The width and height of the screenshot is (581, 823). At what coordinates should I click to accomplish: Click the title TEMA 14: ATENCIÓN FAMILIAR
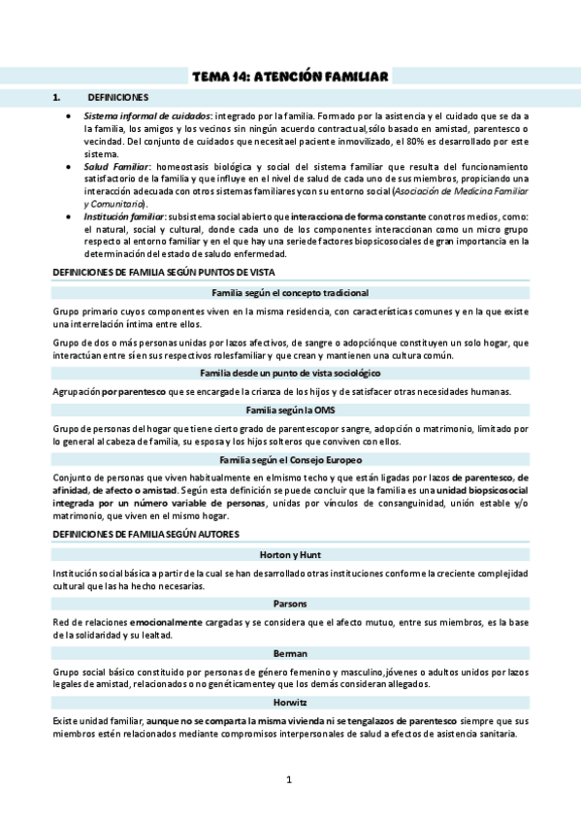(x=290, y=76)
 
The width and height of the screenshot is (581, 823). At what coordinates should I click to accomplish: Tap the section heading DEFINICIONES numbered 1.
(x=117, y=98)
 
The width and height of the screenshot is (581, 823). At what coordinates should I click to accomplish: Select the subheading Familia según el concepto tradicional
(x=290, y=292)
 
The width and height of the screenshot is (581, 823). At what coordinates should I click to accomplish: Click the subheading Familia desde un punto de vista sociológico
(x=290, y=373)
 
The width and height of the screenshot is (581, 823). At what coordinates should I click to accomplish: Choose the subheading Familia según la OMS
(x=290, y=411)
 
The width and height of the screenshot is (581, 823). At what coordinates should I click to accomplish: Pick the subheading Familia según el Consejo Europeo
(x=290, y=458)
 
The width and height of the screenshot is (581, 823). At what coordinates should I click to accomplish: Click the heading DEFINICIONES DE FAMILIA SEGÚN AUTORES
(x=145, y=534)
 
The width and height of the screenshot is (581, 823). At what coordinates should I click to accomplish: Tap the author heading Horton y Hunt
(x=290, y=553)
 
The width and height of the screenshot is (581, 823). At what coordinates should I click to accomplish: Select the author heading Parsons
(x=290, y=602)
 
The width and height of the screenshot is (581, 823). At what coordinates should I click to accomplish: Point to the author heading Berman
(x=290, y=650)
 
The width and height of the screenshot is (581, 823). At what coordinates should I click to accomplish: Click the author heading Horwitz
(x=290, y=700)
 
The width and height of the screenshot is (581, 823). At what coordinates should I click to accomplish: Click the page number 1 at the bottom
(x=289, y=779)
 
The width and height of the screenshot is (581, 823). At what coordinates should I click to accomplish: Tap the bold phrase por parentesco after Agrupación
(x=132, y=391)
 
